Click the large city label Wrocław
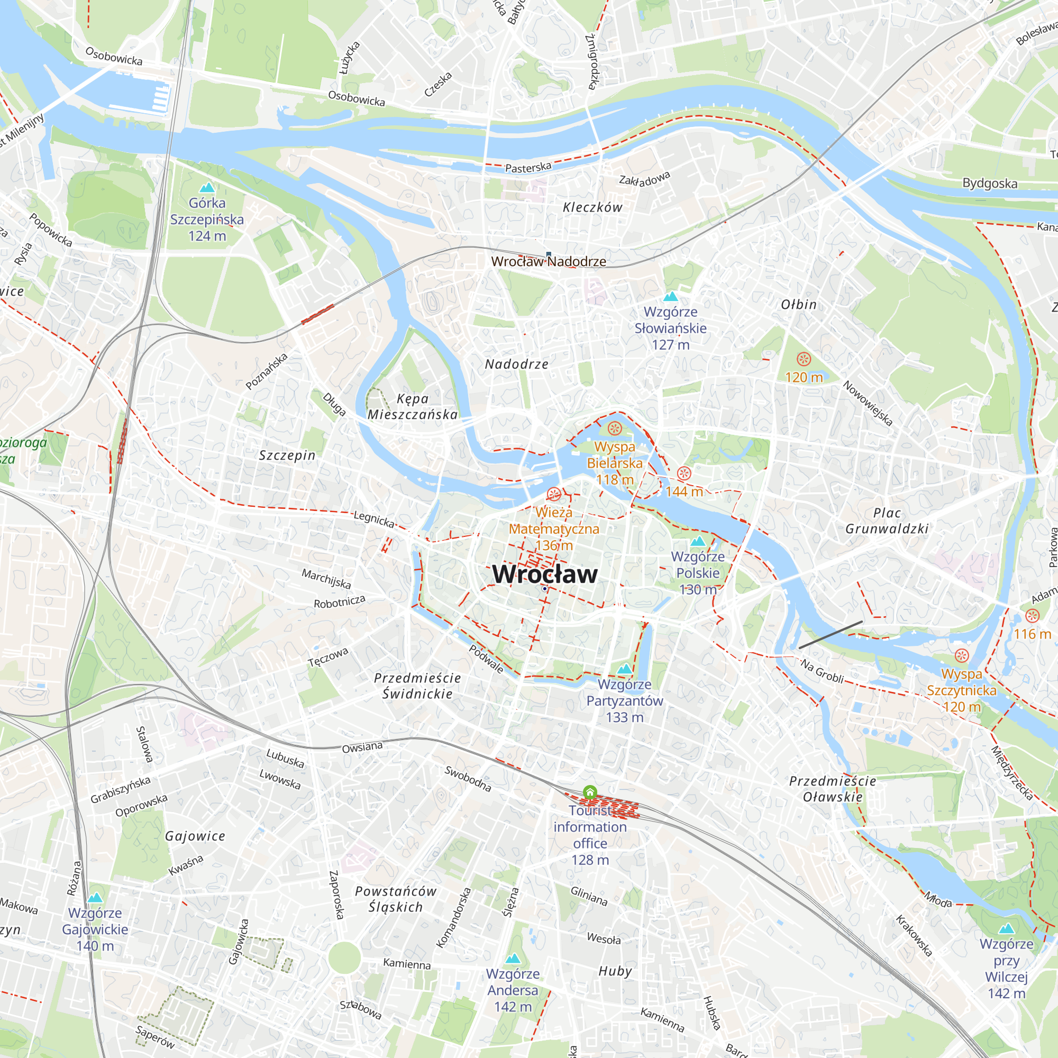coord(544,574)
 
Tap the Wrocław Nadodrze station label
coord(548,261)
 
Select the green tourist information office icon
coord(590,792)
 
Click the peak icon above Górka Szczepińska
coord(207,188)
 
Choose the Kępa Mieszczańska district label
coord(413,406)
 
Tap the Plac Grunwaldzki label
coord(887,521)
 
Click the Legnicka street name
coord(373,518)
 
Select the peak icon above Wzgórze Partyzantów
coord(624,669)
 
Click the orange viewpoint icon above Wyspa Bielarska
coord(614,428)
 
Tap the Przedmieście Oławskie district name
coord(832,789)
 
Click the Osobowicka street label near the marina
coord(114,56)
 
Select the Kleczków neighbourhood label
coord(592,207)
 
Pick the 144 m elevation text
coord(684,491)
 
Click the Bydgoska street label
coord(990,184)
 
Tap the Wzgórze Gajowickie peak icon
coord(95,898)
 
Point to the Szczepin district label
coord(287,455)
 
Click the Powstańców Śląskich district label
coord(395,899)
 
